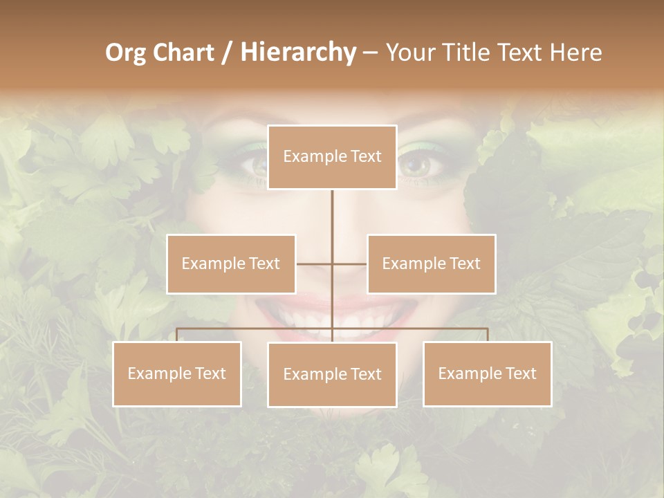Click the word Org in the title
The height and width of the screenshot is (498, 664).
tap(125, 53)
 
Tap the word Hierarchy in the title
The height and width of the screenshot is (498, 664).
tap(298, 53)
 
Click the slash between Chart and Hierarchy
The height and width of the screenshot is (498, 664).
tap(228, 53)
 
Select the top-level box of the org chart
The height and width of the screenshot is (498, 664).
tap(332, 157)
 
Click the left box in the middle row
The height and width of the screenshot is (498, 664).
tap(231, 264)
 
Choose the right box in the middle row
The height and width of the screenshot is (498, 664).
tap(431, 264)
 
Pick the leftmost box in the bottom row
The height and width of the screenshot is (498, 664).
tap(177, 373)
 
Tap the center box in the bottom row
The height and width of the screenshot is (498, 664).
tap(332, 374)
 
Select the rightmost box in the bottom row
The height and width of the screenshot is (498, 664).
tap(487, 373)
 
